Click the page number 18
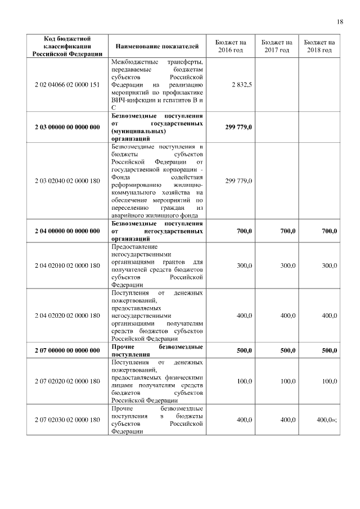(x=340, y=22)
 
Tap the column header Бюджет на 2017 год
(x=277, y=46)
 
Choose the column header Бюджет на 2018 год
(x=320, y=46)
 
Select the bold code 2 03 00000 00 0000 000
(x=67, y=127)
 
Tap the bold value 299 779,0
(x=238, y=127)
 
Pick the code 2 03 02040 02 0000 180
(x=67, y=181)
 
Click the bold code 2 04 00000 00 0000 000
(x=67, y=231)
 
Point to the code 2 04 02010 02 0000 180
(x=67, y=265)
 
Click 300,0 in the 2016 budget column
(x=244, y=265)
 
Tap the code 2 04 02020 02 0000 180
(x=67, y=316)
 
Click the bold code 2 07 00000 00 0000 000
(x=67, y=350)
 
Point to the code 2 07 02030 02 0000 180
(x=67, y=420)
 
